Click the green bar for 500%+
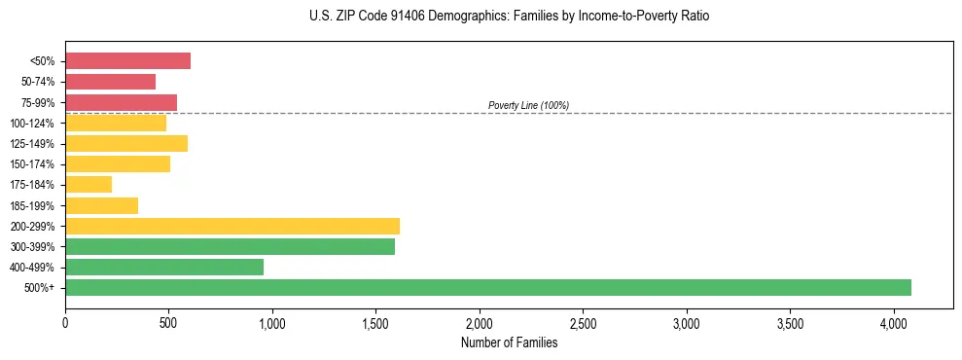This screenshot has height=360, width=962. pyautogui.click(x=488, y=287)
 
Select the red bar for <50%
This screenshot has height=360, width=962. pyautogui.click(x=127, y=61)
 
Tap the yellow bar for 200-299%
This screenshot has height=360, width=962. pyautogui.click(x=232, y=226)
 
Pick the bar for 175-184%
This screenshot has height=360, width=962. pyautogui.click(x=89, y=185)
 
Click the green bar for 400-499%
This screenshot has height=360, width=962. pyautogui.click(x=164, y=267)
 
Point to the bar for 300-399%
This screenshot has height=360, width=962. pyautogui.click(x=230, y=246)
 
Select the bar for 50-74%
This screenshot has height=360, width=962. pyautogui.click(x=110, y=82)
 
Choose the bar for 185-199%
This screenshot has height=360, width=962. pyautogui.click(x=101, y=205)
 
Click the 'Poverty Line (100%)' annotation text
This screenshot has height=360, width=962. pyautogui.click(x=528, y=105)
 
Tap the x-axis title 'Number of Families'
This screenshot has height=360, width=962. pyautogui.click(x=509, y=342)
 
